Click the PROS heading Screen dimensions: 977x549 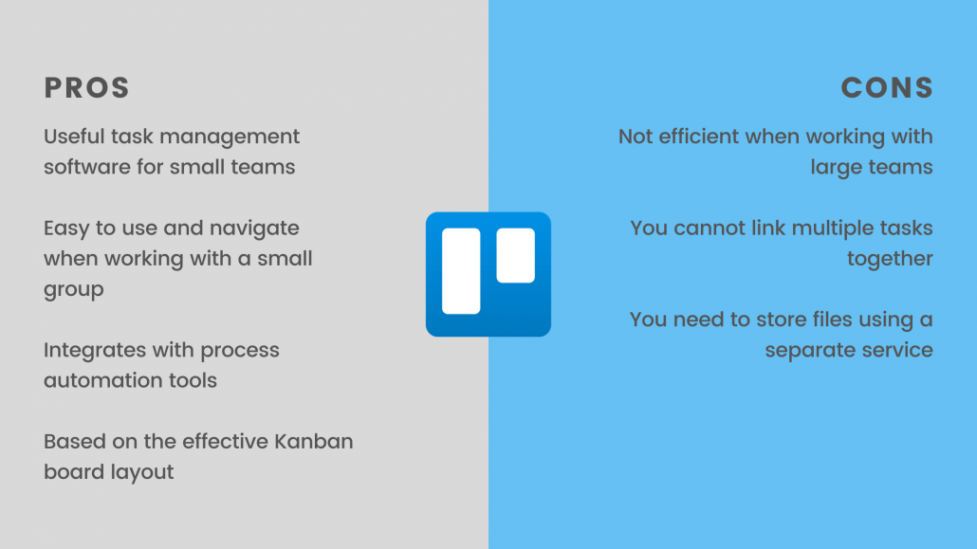click(86, 88)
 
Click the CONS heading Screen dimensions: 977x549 click(887, 88)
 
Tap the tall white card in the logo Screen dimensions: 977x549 click(461, 271)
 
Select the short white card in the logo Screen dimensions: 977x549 click(516, 255)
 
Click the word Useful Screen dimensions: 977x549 click(74, 137)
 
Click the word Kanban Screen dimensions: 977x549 click(313, 441)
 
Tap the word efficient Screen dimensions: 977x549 click(698, 137)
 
